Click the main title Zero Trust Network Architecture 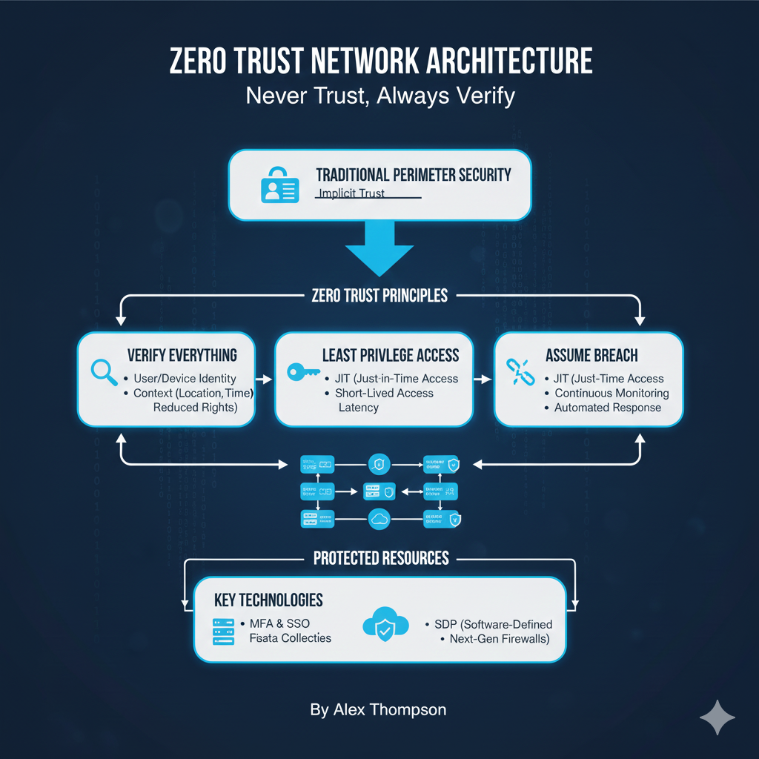coord(379,62)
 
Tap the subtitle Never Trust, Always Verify coord(379,96)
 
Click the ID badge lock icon coord(278,185)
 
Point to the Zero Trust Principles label coord(379,296)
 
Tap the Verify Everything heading coord(182,354)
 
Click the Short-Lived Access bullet coord(384,393)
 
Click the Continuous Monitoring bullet coord(611,393)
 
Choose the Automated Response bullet coord(607,408)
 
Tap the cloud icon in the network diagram coord(379,519)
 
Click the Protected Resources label coord(381,558)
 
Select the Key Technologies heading coord(268,600)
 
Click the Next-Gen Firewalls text coord(499,638)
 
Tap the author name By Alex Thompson coord(378,709)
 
